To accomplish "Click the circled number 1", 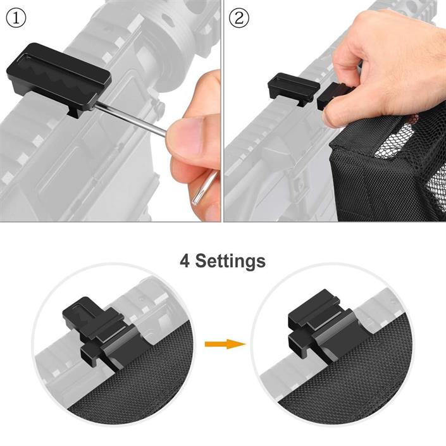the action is (x=16, y=18).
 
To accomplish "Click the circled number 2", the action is (x=239, y=18).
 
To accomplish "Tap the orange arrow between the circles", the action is (x=225, y=344).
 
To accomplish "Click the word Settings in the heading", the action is (x=230, y=261).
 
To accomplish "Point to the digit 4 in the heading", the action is (x=185, y=261).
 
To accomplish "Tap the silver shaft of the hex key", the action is (x=131, y=120).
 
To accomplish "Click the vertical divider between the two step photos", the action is (x=222, y=111).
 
